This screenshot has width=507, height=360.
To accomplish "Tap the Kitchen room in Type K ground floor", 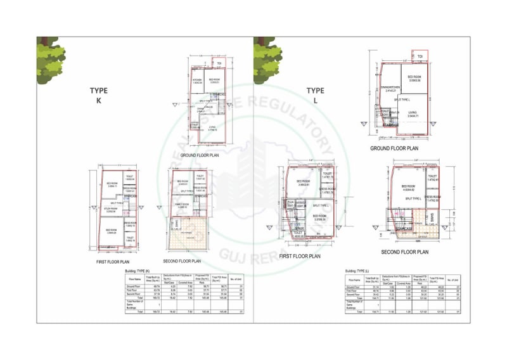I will tap(197, 81).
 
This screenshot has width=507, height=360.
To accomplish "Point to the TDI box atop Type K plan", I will tap(219, 63).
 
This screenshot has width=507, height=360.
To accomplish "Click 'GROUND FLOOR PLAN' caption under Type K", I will tap(200, 155).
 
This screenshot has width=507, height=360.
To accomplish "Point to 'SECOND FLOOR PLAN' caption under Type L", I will tap(404, 252).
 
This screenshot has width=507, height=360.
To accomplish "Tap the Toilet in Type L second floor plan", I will tap(433, 180).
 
